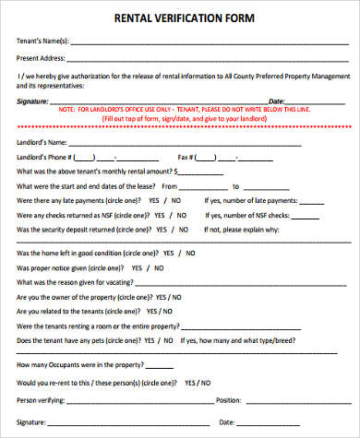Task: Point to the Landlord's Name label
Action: pyautogui.click(x=42, y=142)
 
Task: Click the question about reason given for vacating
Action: pyautogui.click(x=70, y=282)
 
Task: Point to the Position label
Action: pyautogui.click(x=227, y=399)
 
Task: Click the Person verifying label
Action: pyautogui.click(x=42, y=399)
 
